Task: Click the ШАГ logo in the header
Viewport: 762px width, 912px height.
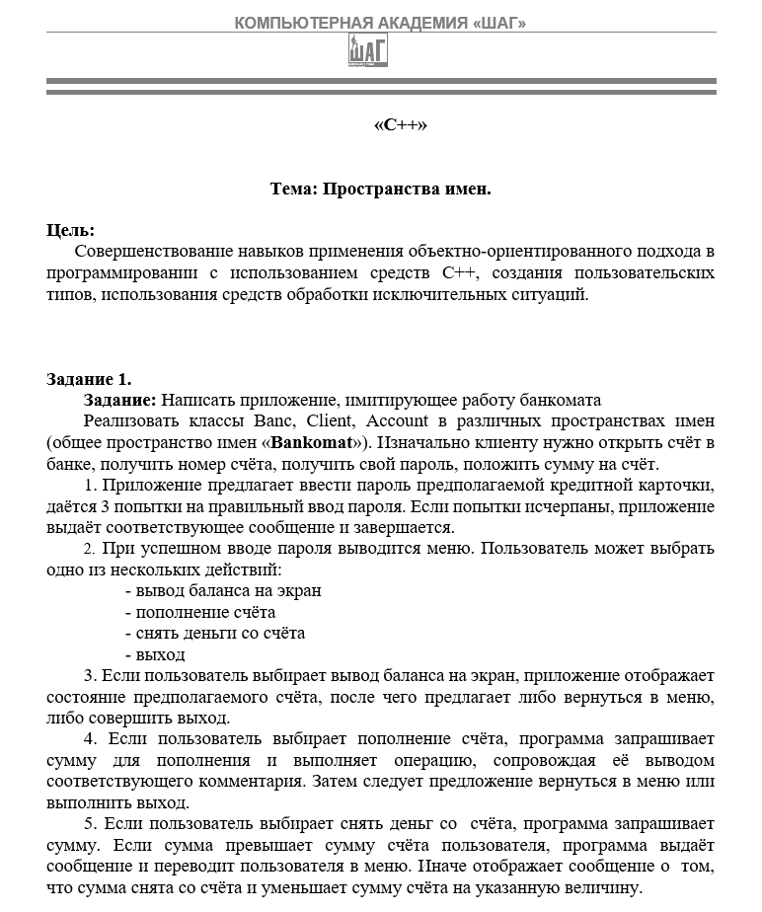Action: point(368,51)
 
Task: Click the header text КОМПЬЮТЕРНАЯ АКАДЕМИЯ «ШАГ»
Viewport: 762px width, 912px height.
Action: point(380,23)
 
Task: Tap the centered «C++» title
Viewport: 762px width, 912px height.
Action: point(400,125)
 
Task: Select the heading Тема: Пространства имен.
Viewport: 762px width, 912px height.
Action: point(380,189)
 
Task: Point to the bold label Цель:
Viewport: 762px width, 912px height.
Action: point(70,231)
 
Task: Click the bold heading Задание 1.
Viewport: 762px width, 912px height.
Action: point(89,379)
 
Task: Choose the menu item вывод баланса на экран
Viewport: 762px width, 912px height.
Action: point(229,590)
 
